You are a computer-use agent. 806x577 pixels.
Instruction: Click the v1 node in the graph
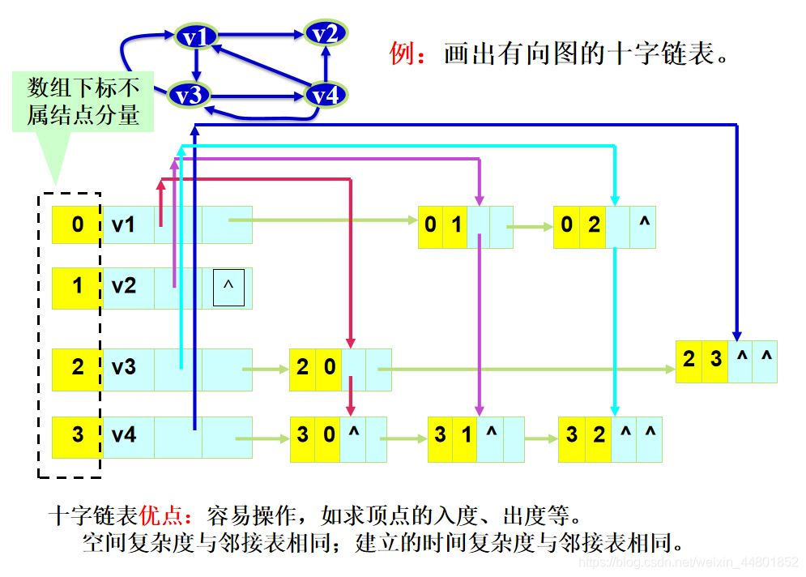(x=196, y=36)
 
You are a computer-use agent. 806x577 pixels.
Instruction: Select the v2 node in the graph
(x=326, y=33)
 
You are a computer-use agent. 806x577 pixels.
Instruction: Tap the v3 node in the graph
(x=189, y=96)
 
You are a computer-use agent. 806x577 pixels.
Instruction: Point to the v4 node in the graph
(x=326, y=96)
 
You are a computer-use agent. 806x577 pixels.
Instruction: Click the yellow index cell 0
(x=77, y=224)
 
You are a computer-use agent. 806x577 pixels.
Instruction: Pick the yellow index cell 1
(x=77, y=287)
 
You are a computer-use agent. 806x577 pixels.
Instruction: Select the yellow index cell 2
(x=77, y=368)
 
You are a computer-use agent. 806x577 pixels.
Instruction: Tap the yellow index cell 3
(x=77, y=436)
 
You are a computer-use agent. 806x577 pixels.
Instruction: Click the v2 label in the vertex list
(x=124, y=287)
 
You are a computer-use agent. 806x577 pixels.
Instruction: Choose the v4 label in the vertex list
(x=124, y=436)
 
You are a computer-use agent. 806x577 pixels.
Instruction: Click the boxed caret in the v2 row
(x=228, y=287)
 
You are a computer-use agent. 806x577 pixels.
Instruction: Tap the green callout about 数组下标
(x=84, y=101)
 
